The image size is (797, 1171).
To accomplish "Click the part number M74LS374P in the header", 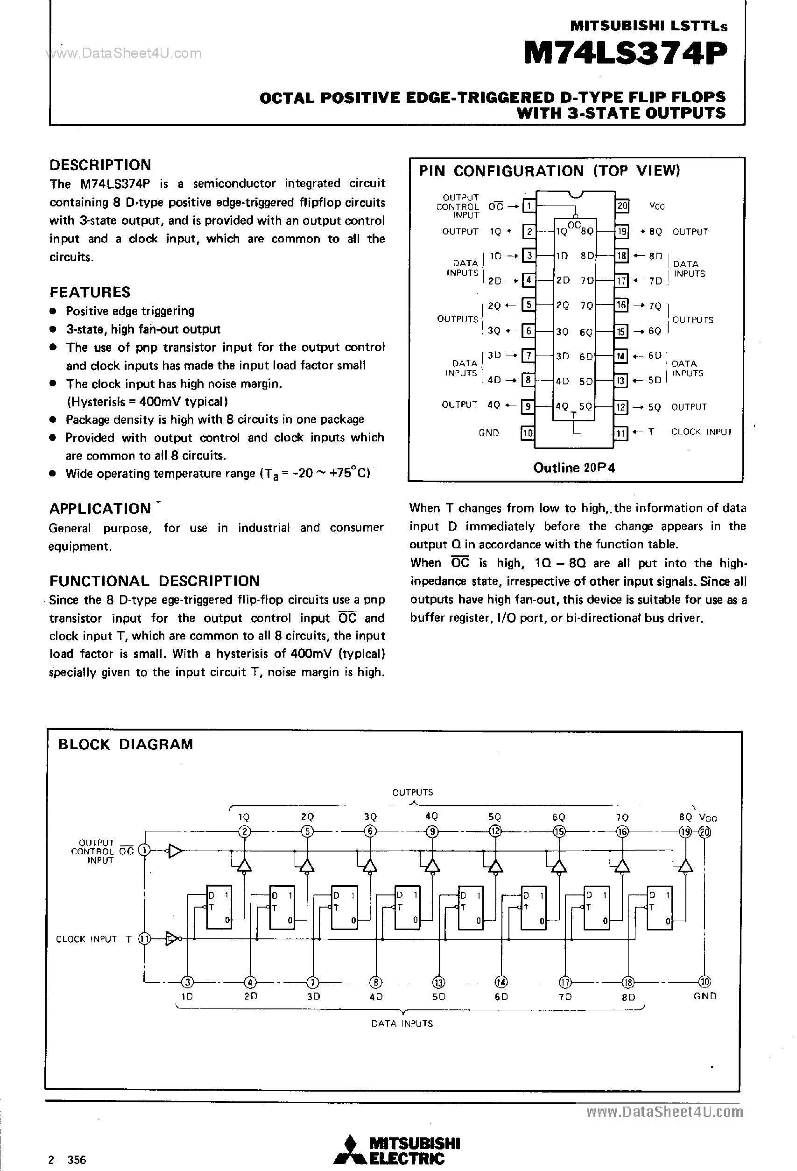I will point(625,54).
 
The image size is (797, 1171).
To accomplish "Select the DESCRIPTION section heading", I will point(100,165).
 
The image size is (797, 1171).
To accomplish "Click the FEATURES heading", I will point(90,292).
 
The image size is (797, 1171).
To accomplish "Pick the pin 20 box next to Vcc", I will point(622,206).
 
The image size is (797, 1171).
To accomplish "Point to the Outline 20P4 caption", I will point(574,468).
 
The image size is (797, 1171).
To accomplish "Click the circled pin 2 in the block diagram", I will point(244,831).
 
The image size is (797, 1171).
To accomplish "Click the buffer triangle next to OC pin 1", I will point(175,851).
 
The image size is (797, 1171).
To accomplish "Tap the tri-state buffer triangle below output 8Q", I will point(685,866).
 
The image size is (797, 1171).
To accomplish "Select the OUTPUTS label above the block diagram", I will point(412,792).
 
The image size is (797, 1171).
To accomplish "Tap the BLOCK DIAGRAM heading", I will point(126,744).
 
